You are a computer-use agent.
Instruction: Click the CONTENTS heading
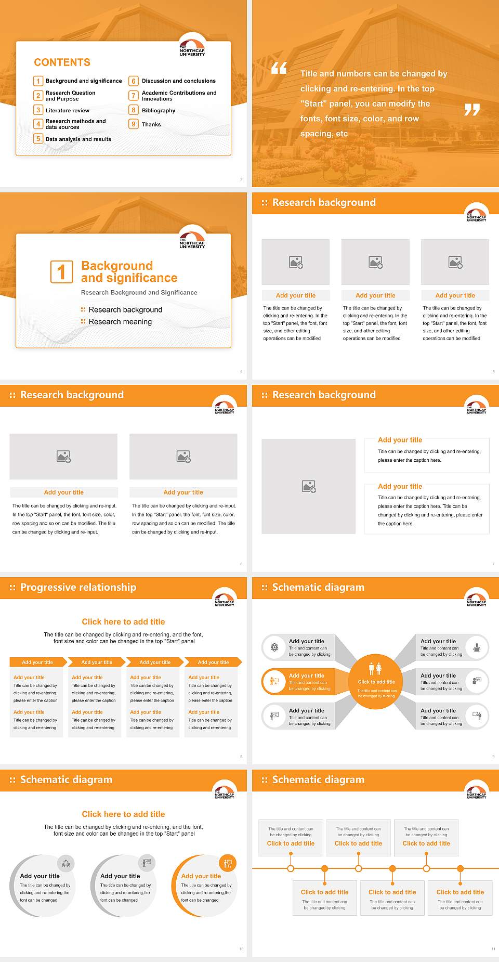[x=62, y=62]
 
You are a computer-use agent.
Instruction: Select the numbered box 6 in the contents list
[x=134, y=81]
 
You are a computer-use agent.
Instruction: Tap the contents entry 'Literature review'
[x=67, y=110]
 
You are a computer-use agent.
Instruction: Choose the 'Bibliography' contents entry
[x=158, y=110]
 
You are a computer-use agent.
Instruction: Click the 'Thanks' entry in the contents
[x=151, y=124]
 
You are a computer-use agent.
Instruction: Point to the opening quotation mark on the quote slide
[x=279, y=68]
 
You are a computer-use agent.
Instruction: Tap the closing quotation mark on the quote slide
[x=471, y=110]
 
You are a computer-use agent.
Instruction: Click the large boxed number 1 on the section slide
[x=61, y=271]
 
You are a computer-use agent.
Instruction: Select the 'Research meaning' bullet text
[x=120, y=322]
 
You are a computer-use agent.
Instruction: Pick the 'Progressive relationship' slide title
[x=78, y=587]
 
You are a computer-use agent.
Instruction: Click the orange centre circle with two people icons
[x=376, y=681]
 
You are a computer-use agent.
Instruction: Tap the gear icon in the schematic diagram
[x=274, y=647]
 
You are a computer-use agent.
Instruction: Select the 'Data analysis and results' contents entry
[x=78, y=139]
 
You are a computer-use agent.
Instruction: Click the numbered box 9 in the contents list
[x=134, y=124]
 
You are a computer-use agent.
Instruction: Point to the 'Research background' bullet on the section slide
[x=125, y=310]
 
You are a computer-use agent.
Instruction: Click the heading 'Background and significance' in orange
[x=129, y=272]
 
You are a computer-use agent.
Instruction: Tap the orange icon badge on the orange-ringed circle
[x=228, y=864]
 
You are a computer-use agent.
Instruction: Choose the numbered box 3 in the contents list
[x=38, y=110]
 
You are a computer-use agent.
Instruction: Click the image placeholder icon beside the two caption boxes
[x=309, y=486]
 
